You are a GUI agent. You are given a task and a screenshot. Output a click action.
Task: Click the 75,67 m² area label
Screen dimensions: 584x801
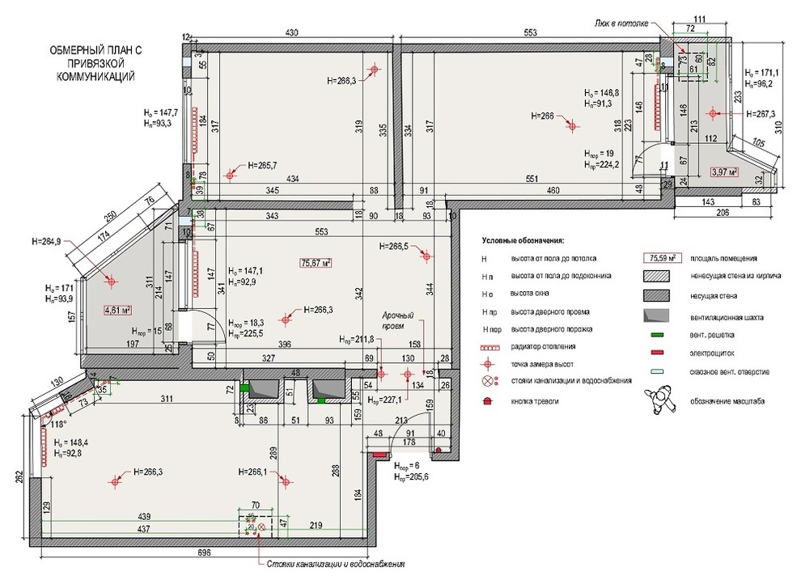pyautogui.click(x=316, y=262)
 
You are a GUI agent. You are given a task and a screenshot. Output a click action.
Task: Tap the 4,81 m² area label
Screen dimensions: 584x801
pyautogui.click(x=117, y=309)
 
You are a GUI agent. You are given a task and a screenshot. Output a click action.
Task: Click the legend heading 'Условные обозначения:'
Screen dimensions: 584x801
pyautogui.click(x=522, y=241)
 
